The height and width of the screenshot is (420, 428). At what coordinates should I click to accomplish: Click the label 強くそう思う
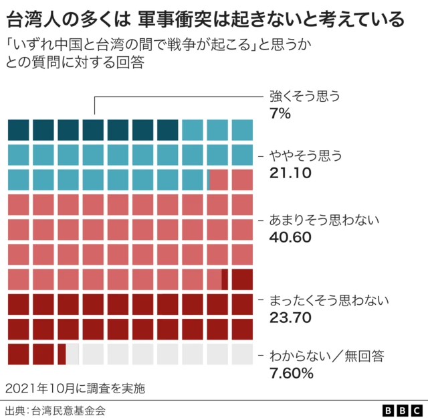[305, 96]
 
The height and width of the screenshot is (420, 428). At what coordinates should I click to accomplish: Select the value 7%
[280, 113]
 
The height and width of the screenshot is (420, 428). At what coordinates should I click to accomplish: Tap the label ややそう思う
[306, 156]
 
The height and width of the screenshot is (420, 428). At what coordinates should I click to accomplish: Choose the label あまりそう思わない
[324, 219]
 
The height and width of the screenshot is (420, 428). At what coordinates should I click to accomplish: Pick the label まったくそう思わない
[328, 299]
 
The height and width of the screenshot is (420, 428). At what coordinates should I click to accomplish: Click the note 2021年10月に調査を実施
[74, 388]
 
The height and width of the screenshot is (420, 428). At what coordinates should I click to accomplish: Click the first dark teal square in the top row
[18, 130]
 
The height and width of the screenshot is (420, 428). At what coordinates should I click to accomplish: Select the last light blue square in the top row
[242, 130]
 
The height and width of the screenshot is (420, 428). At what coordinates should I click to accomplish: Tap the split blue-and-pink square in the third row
[217, 180]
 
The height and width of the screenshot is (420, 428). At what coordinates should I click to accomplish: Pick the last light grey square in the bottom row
[242, 354]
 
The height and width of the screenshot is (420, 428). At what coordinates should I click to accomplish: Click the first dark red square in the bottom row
[18, 354]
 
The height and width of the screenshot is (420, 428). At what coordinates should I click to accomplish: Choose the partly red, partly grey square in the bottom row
[68, 354]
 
